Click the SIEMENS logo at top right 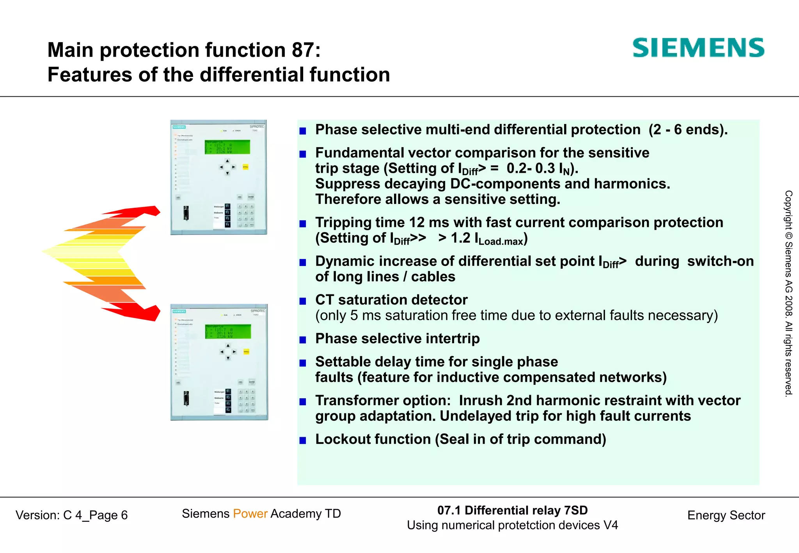click(698, 48)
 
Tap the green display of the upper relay click(227, 147)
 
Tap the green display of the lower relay click(228, 331)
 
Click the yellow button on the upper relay click(245, 167)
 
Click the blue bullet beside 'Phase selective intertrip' click(303, 340)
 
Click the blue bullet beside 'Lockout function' click(303, 440)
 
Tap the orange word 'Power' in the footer click(250, 514)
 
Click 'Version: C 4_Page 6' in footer click(72, 515)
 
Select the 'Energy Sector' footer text click(726, 515)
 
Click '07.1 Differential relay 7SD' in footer click(512, 510)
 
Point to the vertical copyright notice click(788, 293)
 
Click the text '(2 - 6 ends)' click(688, 129)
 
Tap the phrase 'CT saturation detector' click(391, 300)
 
